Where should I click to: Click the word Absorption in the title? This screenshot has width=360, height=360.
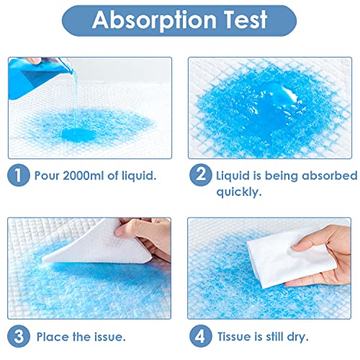click(149, 20)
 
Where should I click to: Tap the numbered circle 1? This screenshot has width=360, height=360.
click(16, 176)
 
